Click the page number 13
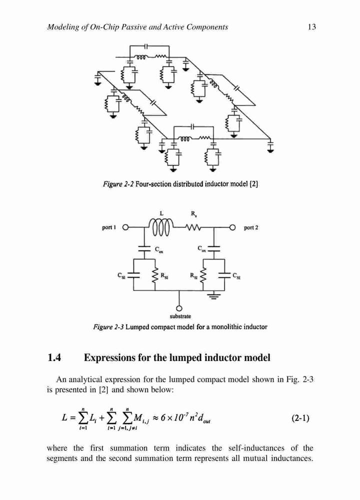[311, 27]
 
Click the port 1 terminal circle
[125, 227]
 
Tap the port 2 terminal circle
[233, 227]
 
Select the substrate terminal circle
[179, 308]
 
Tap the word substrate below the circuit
[180, 316]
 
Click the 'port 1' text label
[108, 227]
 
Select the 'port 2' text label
[251, 227]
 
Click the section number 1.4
[54, 358]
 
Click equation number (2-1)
[300, 418]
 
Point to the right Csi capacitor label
[236, 276]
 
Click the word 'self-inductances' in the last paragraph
[256, 448]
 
